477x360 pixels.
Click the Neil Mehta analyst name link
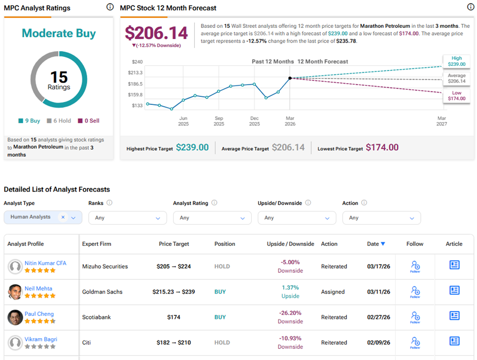38,289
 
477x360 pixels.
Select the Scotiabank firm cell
96,317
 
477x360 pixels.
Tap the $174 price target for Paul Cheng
174,317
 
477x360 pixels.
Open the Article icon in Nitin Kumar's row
454,265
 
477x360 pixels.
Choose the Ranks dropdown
127,218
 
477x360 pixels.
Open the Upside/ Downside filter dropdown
297,218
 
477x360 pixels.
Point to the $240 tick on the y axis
137,61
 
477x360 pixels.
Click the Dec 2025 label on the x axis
254,121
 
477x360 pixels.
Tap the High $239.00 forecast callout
456,61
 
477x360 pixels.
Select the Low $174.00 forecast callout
456,96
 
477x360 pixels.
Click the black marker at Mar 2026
290,78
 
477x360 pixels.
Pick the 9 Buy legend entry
29,121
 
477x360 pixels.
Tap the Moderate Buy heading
58,33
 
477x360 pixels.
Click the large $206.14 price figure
156,33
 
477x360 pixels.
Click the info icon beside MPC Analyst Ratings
110,7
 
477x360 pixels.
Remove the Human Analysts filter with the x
63,217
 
